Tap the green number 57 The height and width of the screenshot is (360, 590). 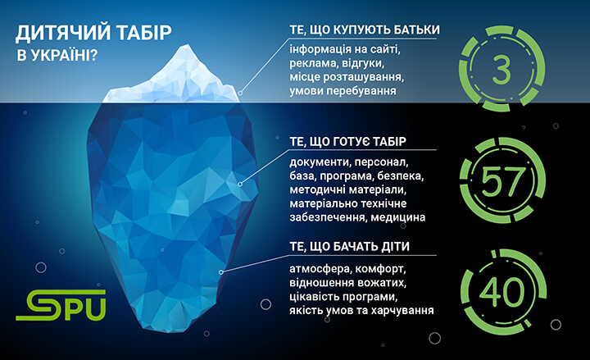click(x=500, y=180)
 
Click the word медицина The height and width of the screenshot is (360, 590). click(x=405, y=217)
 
